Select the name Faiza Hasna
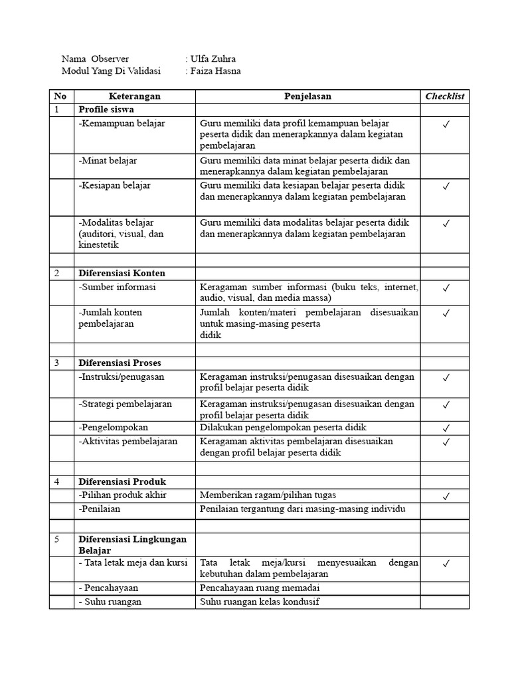click(x=215, y=71)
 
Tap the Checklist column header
click(x=445, y=96)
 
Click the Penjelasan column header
click(x=307, y=96)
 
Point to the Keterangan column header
click(x=134, y=96)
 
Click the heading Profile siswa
click(x=106, y=110)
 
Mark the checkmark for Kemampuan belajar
click(x=446, y=124)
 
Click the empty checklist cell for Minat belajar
click(x=445, y=166)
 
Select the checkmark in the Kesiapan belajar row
click(x=446, y=187)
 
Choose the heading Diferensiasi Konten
click(x=122, y=273)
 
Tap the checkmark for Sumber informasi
click(x=446, y=288)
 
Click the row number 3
click(x=57, y=363)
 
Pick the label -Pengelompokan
click(x=114, y=427)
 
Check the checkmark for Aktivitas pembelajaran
click(x=446, y=442)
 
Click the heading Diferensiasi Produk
click(x=122, y=481)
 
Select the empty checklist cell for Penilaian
click(x=445, y=509)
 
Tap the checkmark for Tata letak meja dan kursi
click(x=446, y=564)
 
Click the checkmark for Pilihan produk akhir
click(x=446, y=496)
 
